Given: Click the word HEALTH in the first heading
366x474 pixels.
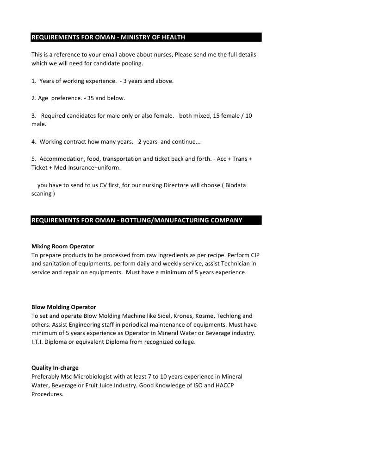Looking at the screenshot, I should coord(172,37).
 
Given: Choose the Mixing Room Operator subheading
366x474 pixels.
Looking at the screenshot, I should coord(63,246).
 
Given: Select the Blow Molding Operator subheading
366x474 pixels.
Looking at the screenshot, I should coord(64,307).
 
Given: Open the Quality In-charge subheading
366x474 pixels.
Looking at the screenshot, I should coord(55,368).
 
